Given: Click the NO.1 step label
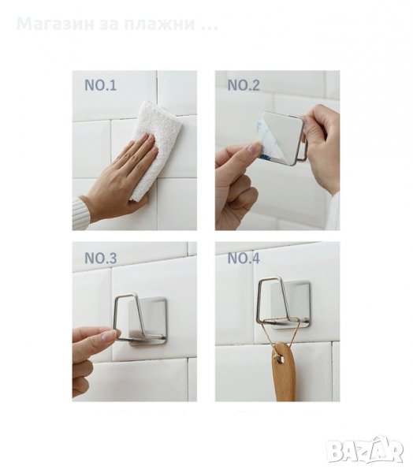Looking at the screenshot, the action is click(x=100, y=85).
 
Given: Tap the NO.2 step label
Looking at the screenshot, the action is click(x=244, y=85).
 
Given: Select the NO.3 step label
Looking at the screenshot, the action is click(x=100, y=259).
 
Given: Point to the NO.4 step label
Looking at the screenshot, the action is click(x=244, y=259).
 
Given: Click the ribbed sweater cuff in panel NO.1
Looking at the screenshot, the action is click(x=81, y=214).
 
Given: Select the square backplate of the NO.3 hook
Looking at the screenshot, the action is click(x=147, y=321).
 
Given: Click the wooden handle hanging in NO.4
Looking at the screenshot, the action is click(x=283, y=371).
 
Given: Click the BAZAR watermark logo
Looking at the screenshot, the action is click(x=366, y=451).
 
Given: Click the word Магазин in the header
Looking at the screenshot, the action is click(x=55, y=24).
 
